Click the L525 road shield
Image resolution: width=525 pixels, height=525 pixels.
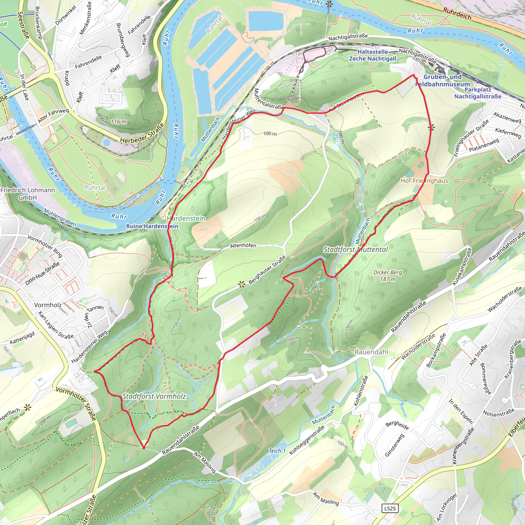[x=390, y=508]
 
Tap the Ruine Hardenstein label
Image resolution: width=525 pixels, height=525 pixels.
[x=152, y=226]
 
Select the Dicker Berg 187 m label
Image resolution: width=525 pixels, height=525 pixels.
[x=388, y=276]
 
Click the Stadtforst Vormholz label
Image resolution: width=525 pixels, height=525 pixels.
[x=154, y=396]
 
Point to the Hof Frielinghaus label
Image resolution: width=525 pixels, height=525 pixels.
[x=424, y=181]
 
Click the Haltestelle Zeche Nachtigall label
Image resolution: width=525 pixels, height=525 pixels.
[x=372, y=55]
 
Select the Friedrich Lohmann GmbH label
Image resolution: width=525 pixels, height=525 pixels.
[x=27, y=194]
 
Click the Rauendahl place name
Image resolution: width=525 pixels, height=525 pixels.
[x=371, y=352]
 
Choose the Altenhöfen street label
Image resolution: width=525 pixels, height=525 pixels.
[x=243, y=246]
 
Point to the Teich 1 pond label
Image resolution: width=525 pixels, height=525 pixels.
[x=277, y=451]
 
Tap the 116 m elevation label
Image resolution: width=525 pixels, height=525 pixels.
[x=119, y=122]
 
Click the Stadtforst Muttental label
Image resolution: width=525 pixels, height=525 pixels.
[x=356, y=249]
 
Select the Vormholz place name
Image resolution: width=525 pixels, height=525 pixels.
[x=48, y=305]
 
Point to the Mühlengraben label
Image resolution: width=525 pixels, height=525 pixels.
[x=60, y=217]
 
